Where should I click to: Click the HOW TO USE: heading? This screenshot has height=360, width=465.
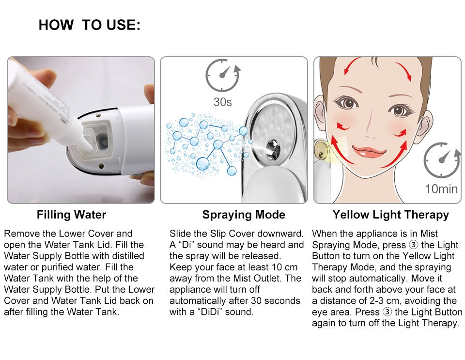(89, 25)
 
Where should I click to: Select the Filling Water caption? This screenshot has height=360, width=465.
(71, 215)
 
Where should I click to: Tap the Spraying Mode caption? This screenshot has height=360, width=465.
(244, 215)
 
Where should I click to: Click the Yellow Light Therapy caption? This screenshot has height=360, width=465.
(390, 215)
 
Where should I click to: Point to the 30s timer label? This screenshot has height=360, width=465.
(223, 102)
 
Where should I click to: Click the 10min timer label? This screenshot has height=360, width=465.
(441, 188)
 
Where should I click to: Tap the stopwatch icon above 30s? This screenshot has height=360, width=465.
(222, 76)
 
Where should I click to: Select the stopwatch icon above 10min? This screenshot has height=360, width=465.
(441, 160)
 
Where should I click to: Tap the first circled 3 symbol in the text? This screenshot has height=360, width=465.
(414, 245)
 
